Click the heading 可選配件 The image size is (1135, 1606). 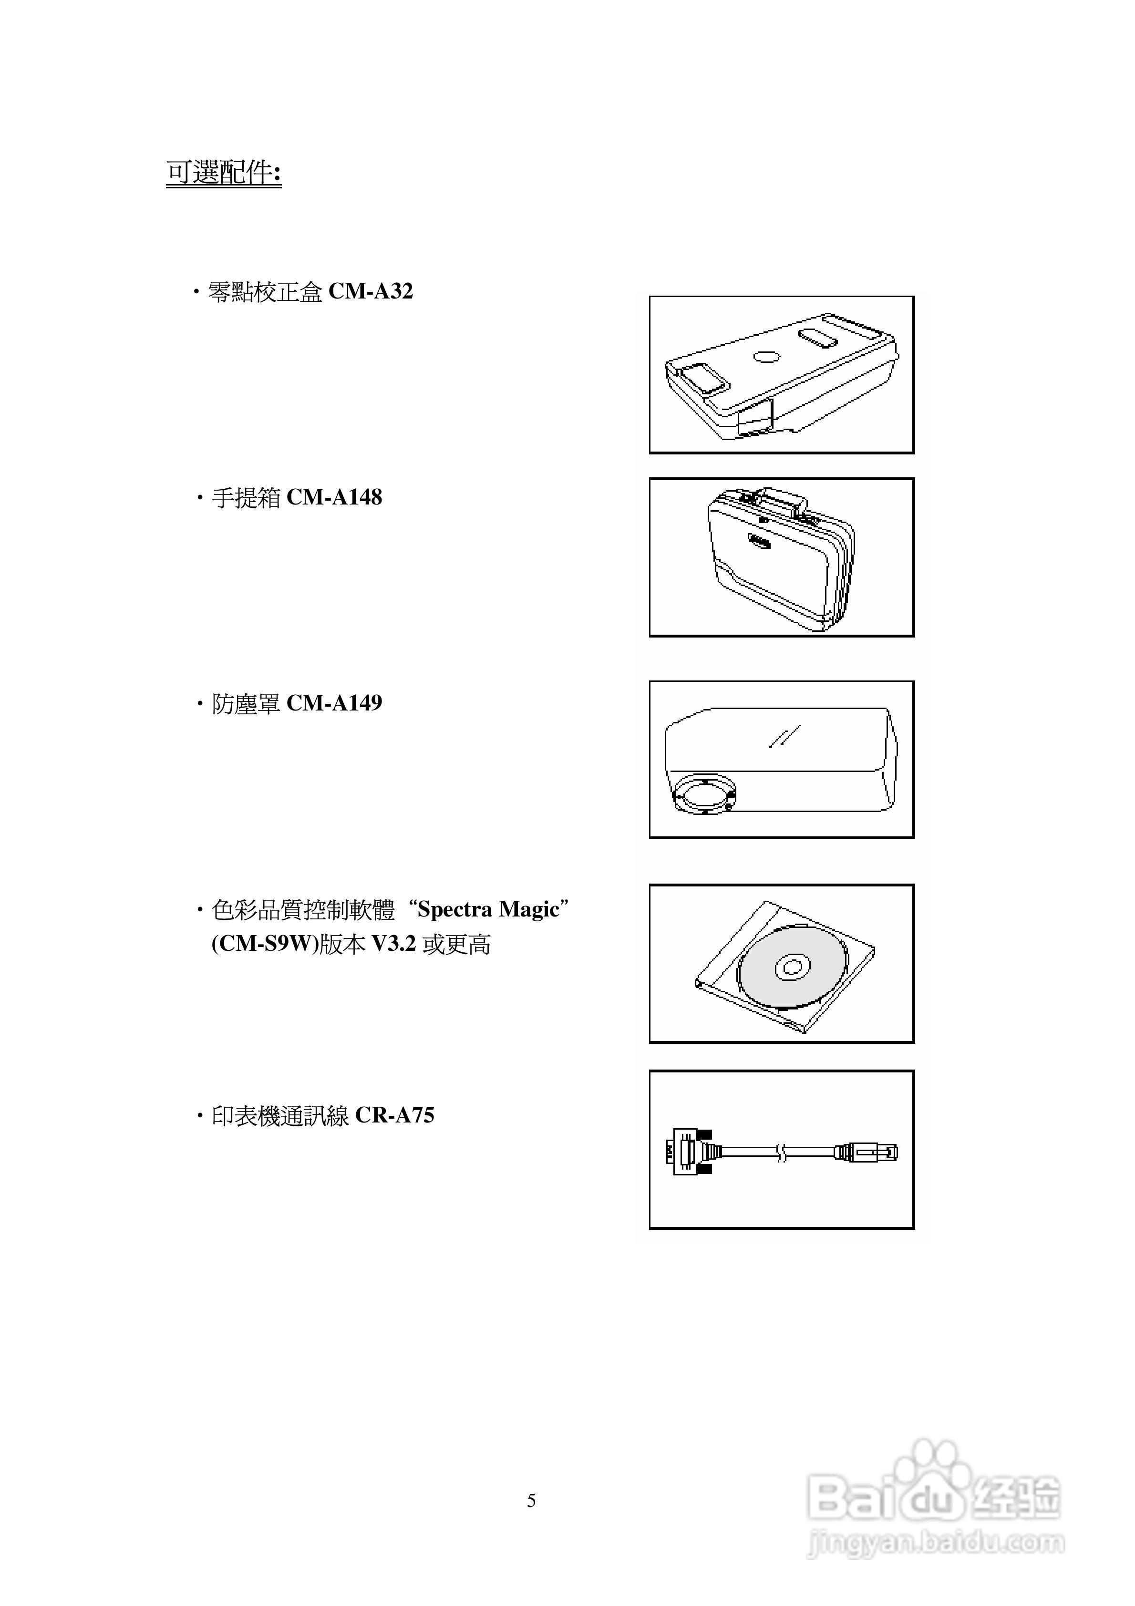223,172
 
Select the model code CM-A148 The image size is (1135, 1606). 334,497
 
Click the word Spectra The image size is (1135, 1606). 455,909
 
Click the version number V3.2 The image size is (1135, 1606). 393,944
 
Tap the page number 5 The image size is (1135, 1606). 531,1500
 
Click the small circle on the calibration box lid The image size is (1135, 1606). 766,357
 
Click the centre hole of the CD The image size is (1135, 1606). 792,968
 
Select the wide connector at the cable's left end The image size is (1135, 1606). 689,1152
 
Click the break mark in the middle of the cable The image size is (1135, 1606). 782,1152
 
